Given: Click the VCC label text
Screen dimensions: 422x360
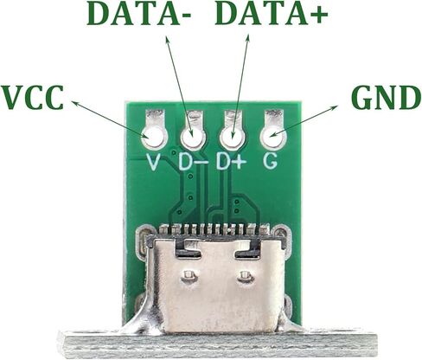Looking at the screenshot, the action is [32, 97].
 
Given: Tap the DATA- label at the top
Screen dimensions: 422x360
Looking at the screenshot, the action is [139, 14].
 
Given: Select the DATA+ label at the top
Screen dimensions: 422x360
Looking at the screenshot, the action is [272, 14].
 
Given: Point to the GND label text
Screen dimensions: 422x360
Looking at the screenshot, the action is [387, 97].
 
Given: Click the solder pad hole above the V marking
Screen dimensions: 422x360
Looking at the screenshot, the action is [153, 137].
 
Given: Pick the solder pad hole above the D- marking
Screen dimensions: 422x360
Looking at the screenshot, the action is [193, 138].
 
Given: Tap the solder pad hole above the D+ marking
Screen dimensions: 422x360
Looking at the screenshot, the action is [232, 138].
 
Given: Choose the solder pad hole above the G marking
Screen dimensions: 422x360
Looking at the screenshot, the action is [272, 136].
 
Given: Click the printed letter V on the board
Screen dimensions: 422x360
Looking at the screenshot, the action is [153, 162].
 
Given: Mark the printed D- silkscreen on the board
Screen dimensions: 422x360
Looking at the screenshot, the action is [193, 162].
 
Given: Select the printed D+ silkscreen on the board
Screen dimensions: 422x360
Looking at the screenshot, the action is [232, 162].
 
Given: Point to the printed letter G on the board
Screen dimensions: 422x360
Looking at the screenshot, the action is [270, 161].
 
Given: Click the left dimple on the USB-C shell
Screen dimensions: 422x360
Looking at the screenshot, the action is [189, 277].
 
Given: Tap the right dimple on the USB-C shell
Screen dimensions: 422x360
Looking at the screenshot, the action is [246, 277].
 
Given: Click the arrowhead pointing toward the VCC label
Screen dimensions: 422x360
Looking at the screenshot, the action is [75, 103].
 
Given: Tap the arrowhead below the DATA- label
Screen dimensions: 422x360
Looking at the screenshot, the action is [168, 41].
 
